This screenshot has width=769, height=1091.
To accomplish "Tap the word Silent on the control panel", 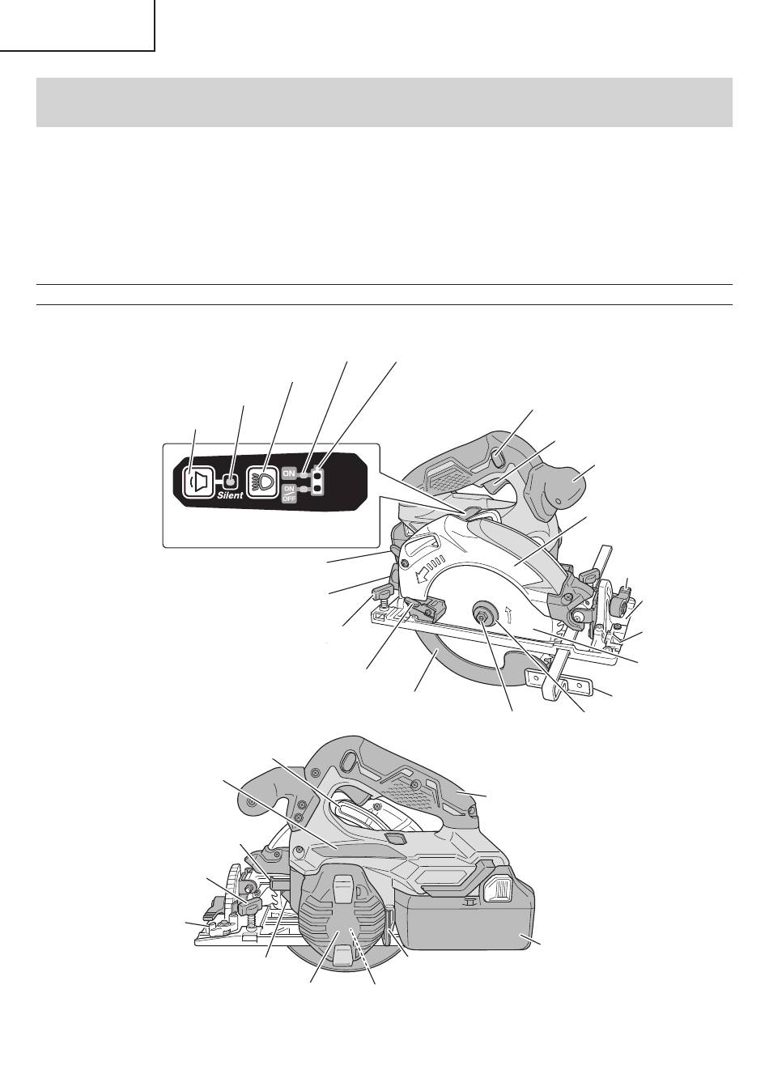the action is [230, 495].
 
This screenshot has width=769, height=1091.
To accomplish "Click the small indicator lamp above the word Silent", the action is [231, 482].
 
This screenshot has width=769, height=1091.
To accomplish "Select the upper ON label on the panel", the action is [289, 473].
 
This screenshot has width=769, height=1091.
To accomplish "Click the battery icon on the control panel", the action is [318, 482].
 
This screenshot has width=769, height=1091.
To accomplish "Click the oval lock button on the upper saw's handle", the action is [495, 458].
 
